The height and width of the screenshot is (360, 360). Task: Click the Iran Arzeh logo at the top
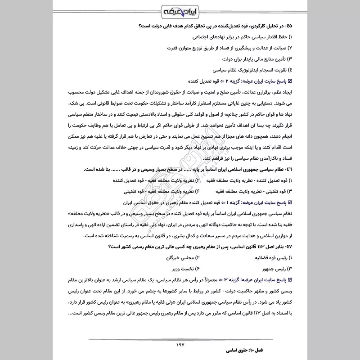tap(180, 11)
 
